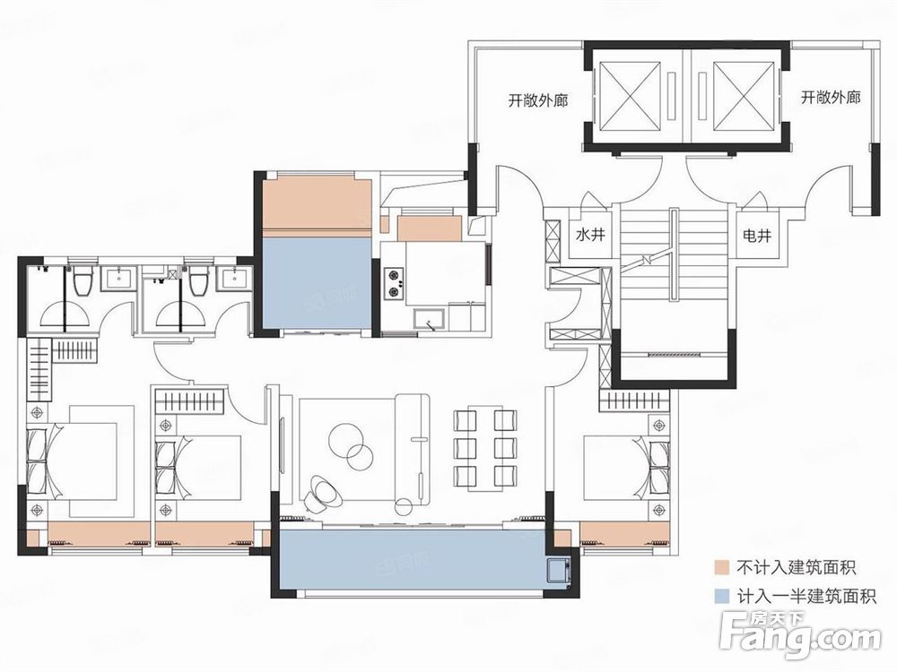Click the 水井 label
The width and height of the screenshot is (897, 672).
coord(590,235)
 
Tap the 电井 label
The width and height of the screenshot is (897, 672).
coord(757,235)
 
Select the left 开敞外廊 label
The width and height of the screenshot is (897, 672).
coord(537,100)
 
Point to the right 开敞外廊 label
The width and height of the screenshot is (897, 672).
coord(830,97)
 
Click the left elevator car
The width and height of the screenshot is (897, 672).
coord(629,96)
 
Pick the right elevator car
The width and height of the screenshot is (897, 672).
coord(743,96)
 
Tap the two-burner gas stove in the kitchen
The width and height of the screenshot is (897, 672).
coord(394,283)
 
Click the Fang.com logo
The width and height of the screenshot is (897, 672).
coord(800,634)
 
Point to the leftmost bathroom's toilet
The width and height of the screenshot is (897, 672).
coord(83,280)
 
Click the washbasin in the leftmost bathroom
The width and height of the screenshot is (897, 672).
coord(119,279)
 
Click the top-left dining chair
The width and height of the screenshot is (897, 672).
coord(465,420)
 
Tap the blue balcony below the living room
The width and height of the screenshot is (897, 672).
coord(412,559)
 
